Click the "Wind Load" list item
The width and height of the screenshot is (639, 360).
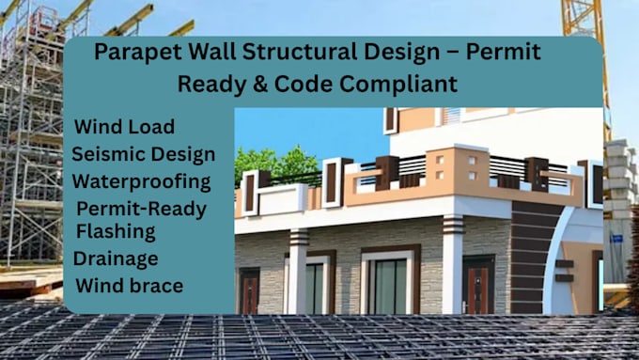124,127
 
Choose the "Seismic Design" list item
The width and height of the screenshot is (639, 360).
143,154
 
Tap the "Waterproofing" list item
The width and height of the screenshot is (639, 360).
141,181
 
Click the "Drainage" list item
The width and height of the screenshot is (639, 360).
117,258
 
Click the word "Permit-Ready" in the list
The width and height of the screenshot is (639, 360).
141,209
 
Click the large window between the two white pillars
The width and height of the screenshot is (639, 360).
388,281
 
